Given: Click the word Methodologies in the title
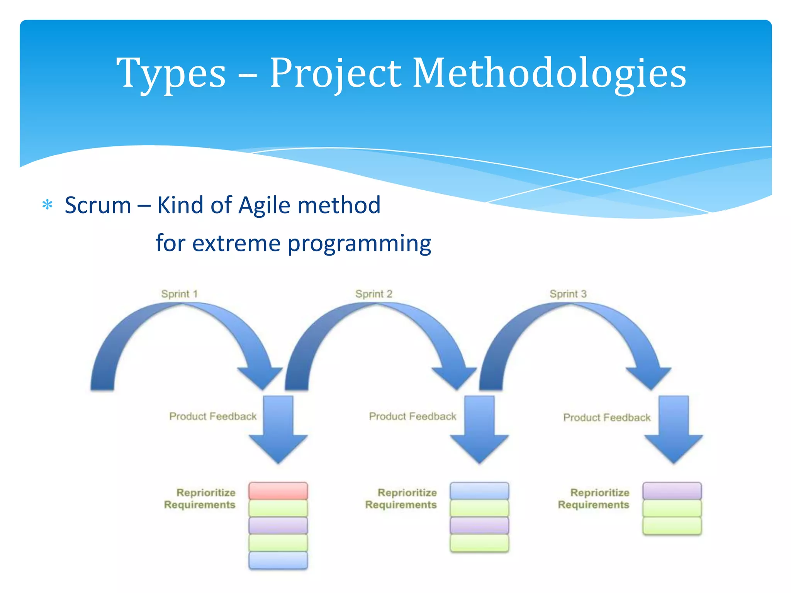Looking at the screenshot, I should [549, 73].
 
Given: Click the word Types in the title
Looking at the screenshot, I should [171, 73].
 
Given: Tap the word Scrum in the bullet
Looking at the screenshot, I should [98, 205].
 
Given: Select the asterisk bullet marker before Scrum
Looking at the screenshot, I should [47, 205].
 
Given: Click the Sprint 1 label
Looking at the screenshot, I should [179, 294].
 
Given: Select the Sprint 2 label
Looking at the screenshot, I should [373, 294].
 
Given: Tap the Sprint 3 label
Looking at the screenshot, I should [568, 294].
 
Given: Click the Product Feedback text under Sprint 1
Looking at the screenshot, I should [213, 416].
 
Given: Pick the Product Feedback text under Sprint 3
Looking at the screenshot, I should [607, 417].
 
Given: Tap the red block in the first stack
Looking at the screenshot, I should [278, 491].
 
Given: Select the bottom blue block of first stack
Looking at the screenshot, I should [278, 560].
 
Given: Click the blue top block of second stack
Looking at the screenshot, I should [479, 491].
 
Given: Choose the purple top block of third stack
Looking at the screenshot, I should [672, 491].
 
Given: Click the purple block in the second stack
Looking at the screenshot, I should [479, 525].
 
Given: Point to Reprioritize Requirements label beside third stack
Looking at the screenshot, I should [594, 498].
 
